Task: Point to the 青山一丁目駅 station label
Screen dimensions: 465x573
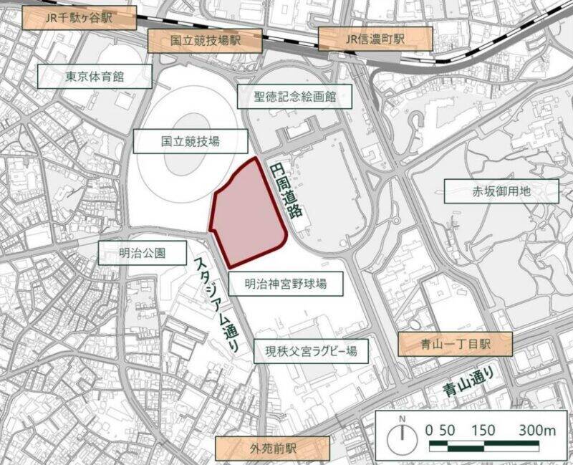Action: point(456,345)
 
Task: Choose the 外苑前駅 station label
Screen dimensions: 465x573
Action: point(273,449)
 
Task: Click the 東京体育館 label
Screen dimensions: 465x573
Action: point(95,76)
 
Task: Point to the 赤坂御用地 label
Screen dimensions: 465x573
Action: point(501,191)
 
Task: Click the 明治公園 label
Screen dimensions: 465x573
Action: point(142,252)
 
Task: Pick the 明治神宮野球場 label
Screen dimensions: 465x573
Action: point(285,284)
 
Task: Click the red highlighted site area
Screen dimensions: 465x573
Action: point(246,215)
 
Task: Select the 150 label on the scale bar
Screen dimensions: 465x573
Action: point(485,430)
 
